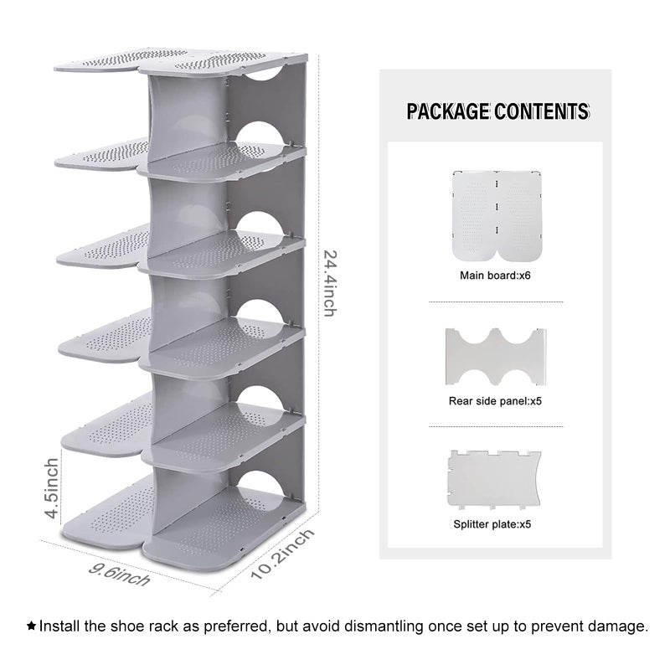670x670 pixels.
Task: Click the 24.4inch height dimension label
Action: coord(330,283)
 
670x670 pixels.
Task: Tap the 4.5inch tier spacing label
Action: coord(52,488)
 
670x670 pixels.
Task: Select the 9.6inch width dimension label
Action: coord(119,575)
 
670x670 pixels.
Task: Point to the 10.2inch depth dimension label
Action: coord(282,554)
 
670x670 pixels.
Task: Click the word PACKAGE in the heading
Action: coord(448,111)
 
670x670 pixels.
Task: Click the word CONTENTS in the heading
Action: coord(542,111)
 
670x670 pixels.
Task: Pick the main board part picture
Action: coord(497,216)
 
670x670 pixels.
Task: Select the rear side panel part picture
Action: coord(496,357)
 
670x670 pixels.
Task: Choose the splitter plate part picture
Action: coord(494,479)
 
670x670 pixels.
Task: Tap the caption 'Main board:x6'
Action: coord(495,276)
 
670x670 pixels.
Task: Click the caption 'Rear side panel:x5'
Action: coord(495,401)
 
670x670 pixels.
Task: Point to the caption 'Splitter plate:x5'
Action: coord(492,524)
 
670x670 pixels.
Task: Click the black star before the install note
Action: coord(31,626)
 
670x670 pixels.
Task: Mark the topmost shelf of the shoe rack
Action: coord(181,63)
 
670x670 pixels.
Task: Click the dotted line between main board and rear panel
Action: coord(496,302)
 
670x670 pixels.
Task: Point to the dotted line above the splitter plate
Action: coord(496,426)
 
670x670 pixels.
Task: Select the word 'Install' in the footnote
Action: coord(59,626)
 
